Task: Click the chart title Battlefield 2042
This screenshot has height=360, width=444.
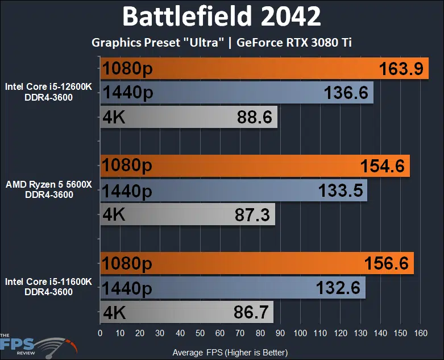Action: [x=222, y=17]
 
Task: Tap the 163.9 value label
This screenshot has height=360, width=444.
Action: [x=400, y=69]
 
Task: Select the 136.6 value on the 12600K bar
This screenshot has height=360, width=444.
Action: [x=346, y=93]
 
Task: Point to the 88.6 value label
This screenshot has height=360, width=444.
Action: [x=254, y=118]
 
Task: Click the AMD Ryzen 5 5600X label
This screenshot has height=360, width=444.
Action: [x=49, y=185]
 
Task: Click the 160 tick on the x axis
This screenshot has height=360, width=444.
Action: [x=421, y=333]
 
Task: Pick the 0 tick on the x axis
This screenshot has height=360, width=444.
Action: [x=101, y=333]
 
